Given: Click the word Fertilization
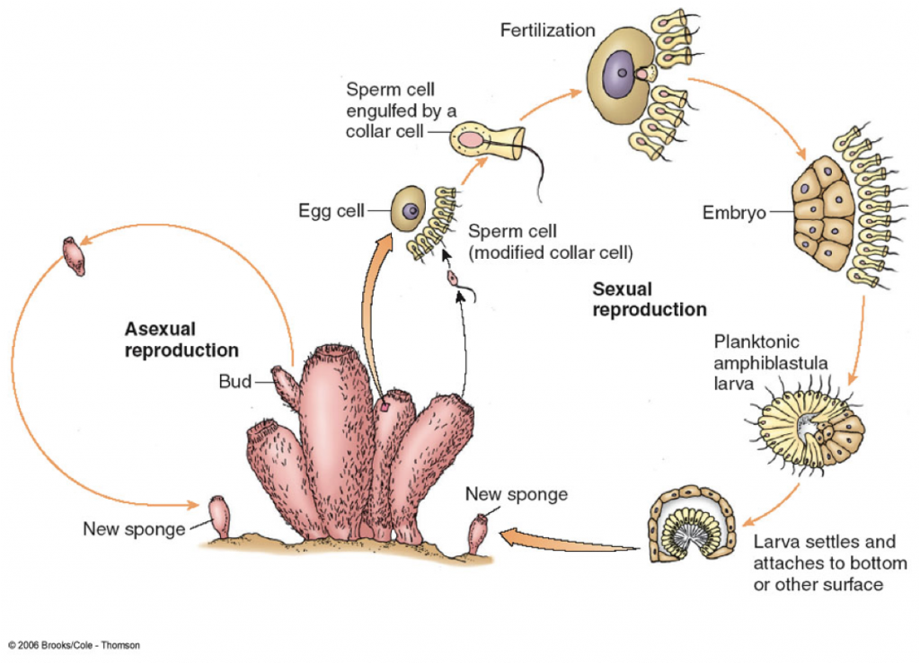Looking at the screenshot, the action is [547, 30].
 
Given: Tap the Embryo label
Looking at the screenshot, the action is [734, 212].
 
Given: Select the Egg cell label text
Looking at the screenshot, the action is [332, 210].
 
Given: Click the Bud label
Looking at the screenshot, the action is [234, 381].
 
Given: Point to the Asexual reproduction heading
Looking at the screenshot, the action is [181, 340].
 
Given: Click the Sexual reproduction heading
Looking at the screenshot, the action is [650, 299].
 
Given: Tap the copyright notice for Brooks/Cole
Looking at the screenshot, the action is [74, 645].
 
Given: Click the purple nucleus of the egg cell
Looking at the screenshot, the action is [411, 210].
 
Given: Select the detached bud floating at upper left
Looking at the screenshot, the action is [74, 256].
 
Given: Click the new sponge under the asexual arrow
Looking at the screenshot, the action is [219, 516].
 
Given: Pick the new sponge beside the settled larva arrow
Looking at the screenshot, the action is [477, 534].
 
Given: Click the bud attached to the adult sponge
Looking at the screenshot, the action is [286, 385].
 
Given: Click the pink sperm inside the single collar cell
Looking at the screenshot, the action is [470, 139].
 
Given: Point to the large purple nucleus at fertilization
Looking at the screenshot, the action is [618, 73].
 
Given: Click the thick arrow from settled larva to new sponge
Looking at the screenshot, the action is [569, 540].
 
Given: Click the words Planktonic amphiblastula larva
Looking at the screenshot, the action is [770, 362].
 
